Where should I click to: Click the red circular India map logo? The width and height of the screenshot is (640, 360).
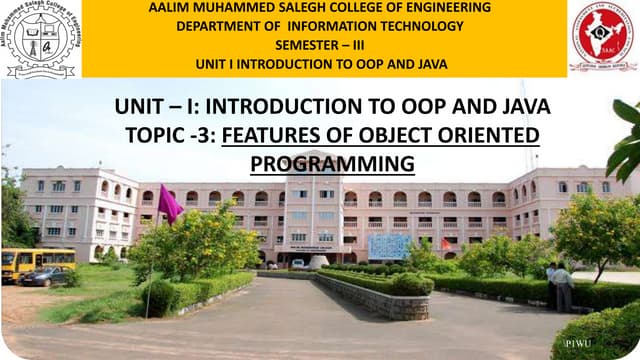602,38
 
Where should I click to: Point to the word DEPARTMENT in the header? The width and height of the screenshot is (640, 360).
221,26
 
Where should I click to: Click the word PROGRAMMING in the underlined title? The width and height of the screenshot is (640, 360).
332,162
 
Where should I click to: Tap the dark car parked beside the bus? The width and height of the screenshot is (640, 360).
44,277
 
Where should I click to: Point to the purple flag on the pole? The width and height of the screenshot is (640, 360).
169,204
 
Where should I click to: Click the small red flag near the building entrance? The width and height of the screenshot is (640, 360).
446,244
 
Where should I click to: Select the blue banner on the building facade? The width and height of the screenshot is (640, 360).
389,245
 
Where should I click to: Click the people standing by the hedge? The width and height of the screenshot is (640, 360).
559,286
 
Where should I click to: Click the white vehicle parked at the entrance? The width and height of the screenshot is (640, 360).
297,264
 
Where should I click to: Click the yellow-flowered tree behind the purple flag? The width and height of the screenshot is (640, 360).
200,240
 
